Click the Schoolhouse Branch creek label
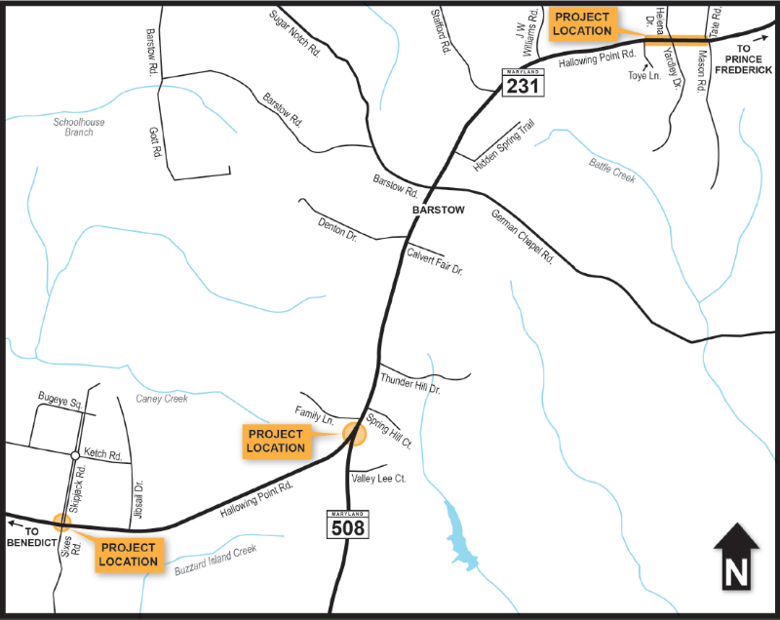tap(79, 127)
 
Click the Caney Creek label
tap(161, 399)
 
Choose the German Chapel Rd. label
tap(523, 238)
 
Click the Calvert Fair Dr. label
tap(434, 260)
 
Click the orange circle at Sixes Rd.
tap(62, 522)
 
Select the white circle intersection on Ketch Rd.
tap(74, 455)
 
